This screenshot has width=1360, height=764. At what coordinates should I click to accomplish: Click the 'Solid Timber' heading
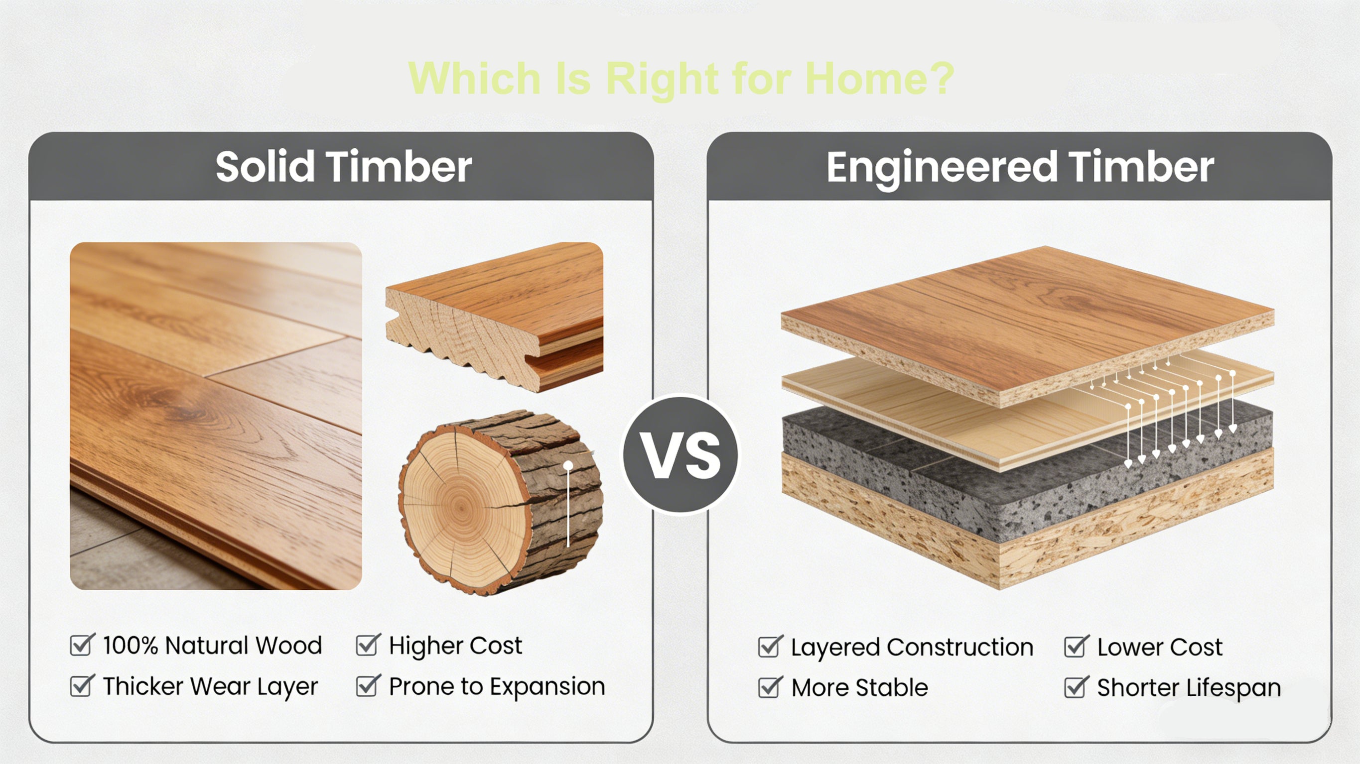pyautogui.click(x=343, y=167)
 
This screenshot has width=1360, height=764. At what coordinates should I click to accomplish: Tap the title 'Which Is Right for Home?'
pyautogui.click(x=680, y=78)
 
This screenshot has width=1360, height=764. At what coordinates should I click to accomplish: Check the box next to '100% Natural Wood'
pyautogui.click(x=82, y=645)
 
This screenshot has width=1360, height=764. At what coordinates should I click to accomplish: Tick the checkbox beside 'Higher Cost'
pyautogui.click(x=368, y=645)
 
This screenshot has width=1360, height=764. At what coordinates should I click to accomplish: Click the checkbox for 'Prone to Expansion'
pyautogui.click(x=368, y=685)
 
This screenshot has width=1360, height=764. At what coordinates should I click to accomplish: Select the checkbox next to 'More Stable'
pyautogui.click(x=770, y=687)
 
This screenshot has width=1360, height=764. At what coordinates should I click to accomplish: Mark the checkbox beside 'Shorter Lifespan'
pyautogui.click(x=1076, y=687)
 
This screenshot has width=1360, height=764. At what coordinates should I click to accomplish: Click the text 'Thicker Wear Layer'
pyautogui.click(x=210, y=686)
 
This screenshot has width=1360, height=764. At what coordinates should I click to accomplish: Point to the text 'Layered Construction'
pyautogui.click(x=912, y=647)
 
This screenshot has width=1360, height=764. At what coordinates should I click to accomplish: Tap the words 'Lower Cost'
pyautogui.click(x=1159, y=647)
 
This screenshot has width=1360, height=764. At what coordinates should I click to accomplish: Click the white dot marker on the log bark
pyautogui.click(x=568, y=465)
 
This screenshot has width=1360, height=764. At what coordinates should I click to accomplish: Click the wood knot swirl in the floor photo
pyautogui.click(x=174, y=401)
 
